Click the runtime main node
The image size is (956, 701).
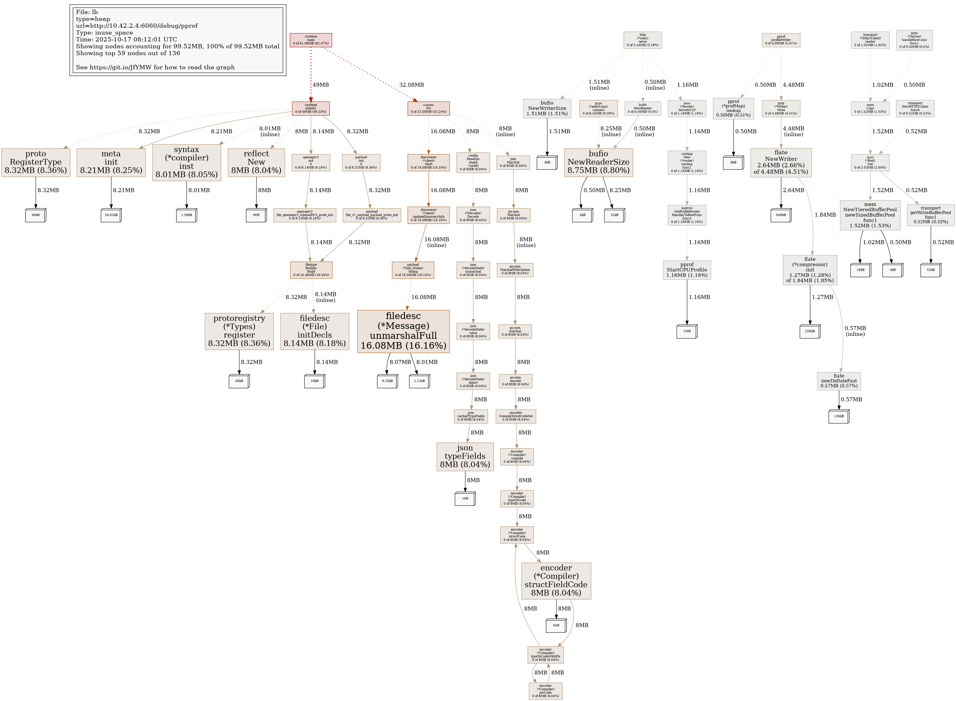tap(311, 40)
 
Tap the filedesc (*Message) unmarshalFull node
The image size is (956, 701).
tap(403, 331)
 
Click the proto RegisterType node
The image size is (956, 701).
tap(36, 162)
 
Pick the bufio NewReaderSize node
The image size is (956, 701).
tap(598, 162)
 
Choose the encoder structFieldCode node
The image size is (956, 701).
tap(556, 580)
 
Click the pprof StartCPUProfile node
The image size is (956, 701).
tap(686, 270)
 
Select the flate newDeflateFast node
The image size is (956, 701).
tap(839, 381)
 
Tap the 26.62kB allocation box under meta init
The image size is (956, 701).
tap(111, 215)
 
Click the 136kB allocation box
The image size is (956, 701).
tap(839, 416)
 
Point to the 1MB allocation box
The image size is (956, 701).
tap(686, 331)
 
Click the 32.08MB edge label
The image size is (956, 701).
tap(411, 85)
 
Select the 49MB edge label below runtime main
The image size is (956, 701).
tap(321, 85)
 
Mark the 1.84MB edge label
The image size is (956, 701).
tap(825, 215)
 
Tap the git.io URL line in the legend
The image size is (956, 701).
tap(155, 67)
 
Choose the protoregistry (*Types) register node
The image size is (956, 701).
tap(239, 331)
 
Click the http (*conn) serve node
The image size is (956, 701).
tap(642, 40)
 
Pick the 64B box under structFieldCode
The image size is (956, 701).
tap(556, 626)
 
